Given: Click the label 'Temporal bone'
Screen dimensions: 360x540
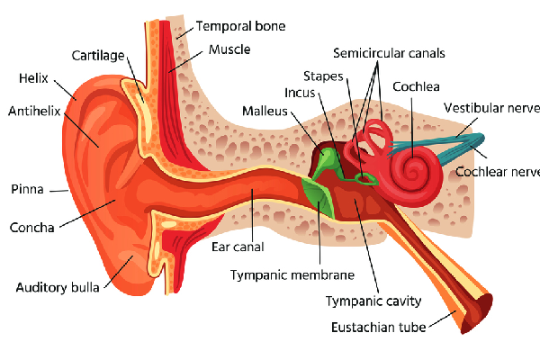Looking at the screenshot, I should (x=240, y=26).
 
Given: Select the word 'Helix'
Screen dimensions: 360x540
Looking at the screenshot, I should (x=33, y=78).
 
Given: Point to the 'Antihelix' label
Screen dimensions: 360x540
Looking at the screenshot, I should (x=35, y=112).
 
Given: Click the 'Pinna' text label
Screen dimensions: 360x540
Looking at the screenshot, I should (x=28, y=190).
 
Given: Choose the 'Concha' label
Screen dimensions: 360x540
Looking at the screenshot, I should (x=31, y=226).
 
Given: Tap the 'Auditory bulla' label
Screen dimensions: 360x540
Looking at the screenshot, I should (x=58, y=288).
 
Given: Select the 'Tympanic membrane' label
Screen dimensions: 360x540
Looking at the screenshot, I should (x=292, y=274).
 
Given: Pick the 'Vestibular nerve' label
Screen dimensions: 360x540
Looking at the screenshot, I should (x=491, y=109).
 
